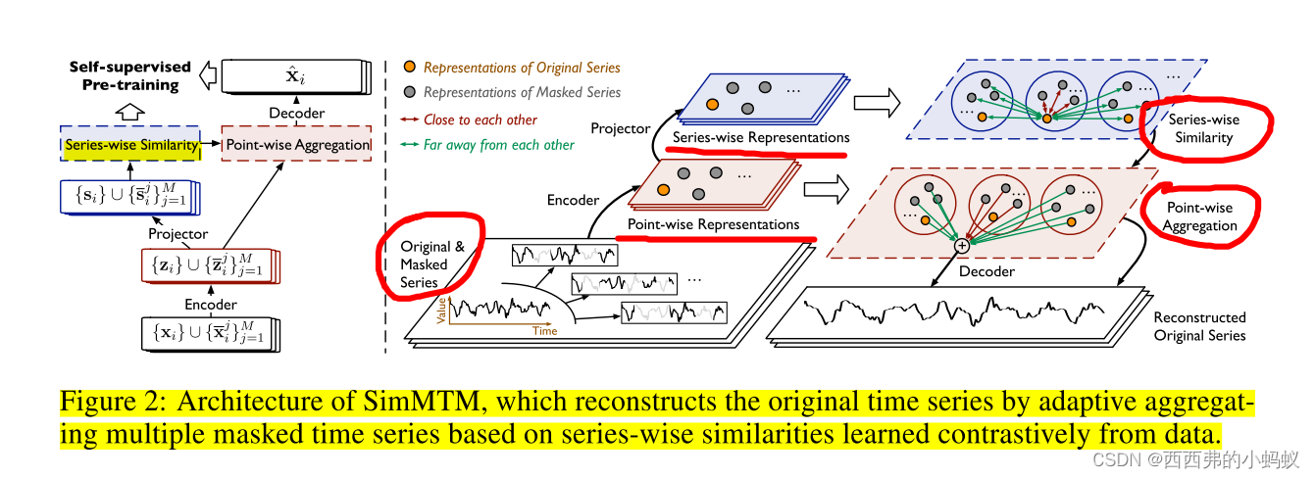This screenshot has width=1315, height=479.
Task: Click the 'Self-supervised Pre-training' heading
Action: coord(129,75)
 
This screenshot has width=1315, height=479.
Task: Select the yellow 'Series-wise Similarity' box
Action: coord(129,146)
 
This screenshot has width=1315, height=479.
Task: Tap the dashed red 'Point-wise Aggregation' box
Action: coord(298,146)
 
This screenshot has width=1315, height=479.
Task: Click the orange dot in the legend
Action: coord(410,67)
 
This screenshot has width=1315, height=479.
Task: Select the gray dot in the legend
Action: coord(410,92)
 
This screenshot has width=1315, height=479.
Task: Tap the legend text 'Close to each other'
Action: coord(480,120)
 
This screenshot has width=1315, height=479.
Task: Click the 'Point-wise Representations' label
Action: coord(713,224)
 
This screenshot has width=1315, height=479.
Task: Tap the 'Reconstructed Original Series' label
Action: coord(1199,326)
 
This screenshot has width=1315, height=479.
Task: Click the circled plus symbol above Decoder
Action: coord(962,246)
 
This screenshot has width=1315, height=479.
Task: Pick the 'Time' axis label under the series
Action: coord(545,331)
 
